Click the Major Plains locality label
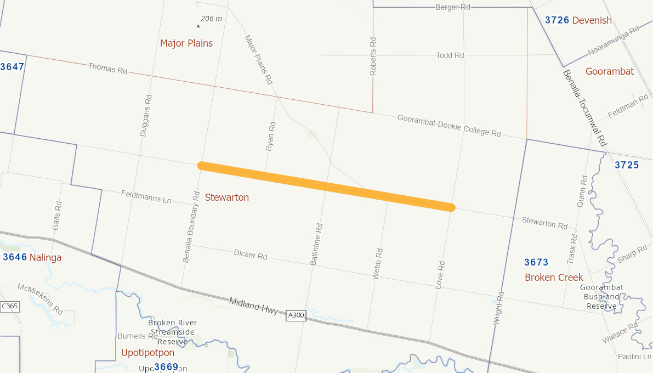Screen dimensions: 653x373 186,43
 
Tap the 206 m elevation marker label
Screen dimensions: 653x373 211,19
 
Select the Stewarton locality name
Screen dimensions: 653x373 227,197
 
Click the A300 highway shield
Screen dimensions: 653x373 296,315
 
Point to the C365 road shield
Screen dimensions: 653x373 10,306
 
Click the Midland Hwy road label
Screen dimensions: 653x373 254,306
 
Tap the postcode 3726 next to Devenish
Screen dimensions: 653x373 557,20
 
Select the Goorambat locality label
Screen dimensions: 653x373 610,71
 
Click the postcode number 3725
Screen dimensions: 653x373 627,165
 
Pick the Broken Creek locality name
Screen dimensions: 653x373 554,277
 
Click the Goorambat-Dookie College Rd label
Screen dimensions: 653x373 449,126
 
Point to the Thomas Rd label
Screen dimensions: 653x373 107,69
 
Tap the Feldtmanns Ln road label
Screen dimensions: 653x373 146,196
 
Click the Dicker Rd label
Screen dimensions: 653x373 251,255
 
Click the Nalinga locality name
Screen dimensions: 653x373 46,257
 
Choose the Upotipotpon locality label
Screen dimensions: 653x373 147,352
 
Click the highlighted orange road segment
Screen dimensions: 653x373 327,187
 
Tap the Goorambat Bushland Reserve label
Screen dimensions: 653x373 602,297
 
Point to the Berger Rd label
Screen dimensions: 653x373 453,7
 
